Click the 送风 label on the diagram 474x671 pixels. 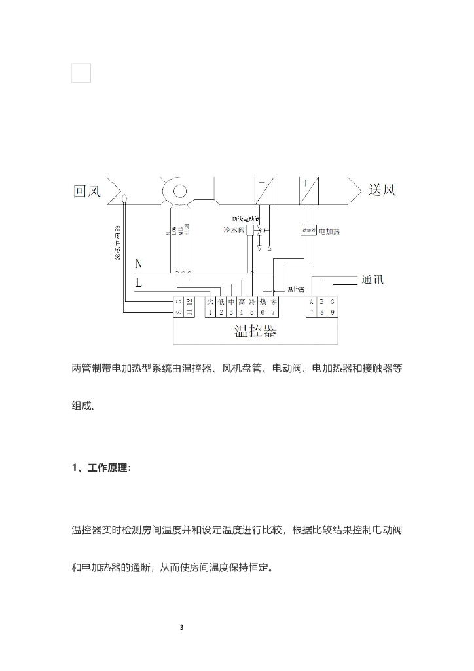[x=382, y=191]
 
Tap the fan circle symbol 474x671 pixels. [x=177, y=190]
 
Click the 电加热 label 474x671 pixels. [x=329, y=231]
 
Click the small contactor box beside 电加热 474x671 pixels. [x=308, y=231]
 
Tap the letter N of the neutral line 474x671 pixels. [x=139, y=263]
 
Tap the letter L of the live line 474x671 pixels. [x=139, y=283]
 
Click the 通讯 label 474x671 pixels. [x=372, y=279]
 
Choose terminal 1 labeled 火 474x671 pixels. [x=210, y=307]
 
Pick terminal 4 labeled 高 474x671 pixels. [x=242, y=307]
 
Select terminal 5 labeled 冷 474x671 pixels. [x=252, y=307]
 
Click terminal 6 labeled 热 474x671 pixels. [x=263, y=307]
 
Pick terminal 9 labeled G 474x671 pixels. [x=333, y=307]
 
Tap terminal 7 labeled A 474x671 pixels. [x=312, y=307]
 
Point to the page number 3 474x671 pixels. [x=181, y=627]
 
